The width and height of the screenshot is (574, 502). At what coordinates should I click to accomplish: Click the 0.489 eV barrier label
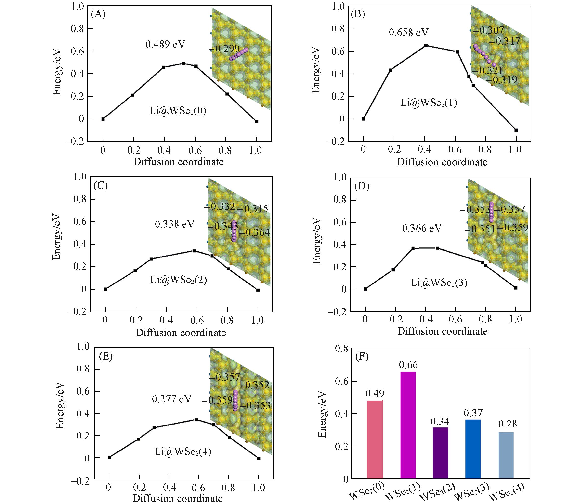[x=165, y=44]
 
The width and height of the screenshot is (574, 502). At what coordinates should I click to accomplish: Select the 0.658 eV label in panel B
[x=408, y=33]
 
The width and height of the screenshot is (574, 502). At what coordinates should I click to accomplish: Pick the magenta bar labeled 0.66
[x=408, y=425]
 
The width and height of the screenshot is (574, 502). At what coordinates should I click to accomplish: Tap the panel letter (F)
[x=361, y=356]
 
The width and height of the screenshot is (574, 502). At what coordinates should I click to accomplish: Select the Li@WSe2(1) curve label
[x=429, y=103]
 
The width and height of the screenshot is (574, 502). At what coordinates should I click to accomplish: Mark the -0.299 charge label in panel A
[x=224, y=49]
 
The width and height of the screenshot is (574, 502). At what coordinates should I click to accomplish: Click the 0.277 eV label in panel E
[x=171, y=399]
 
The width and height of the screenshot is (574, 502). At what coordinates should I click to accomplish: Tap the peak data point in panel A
[x=183, y=64]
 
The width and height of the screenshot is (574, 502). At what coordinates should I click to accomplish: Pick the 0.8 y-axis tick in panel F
[x=341, y=349]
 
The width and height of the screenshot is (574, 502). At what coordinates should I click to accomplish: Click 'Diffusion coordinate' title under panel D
[x=442, y=331]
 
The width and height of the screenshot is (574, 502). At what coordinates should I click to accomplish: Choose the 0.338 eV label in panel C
[x=174, y=224]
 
